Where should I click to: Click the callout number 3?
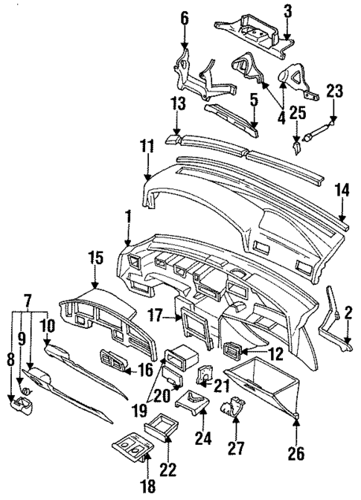coord(288,10)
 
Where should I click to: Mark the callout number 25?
coord(298,112)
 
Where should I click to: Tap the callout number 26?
coord(296,452)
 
